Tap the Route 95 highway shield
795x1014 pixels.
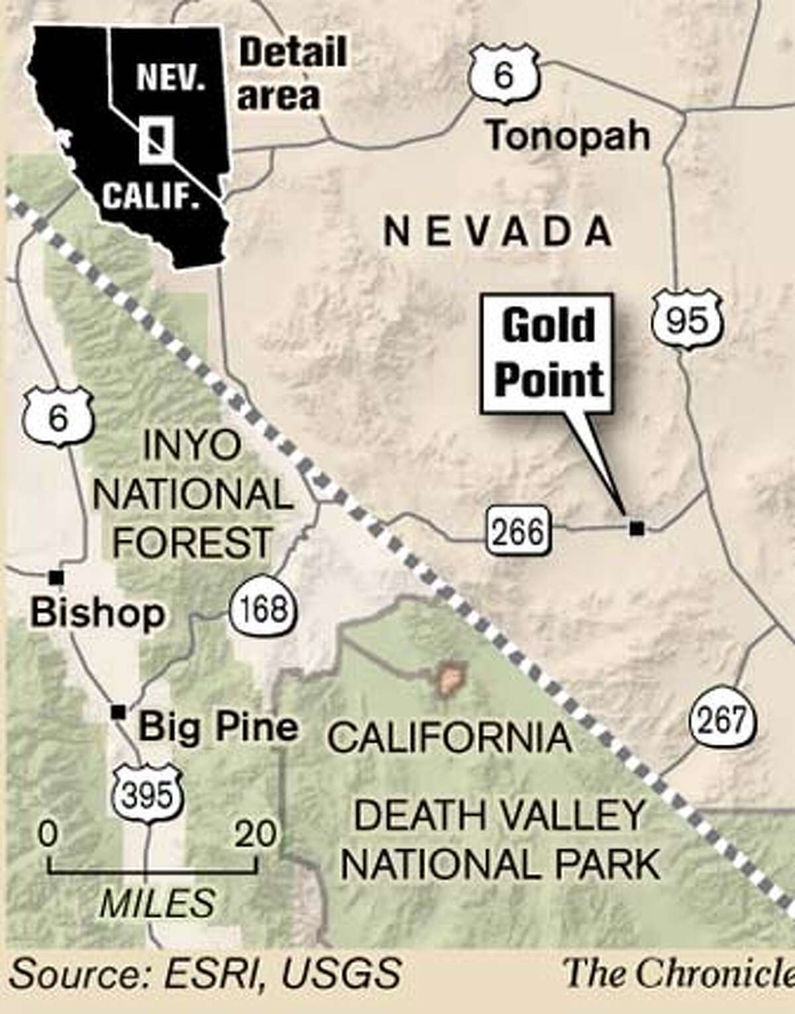[x=686, y=321]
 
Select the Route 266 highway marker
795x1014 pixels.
[x=518, y=531]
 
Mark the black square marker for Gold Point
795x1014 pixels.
[x=637, y=528]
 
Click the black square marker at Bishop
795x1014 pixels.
[x=56, y=577]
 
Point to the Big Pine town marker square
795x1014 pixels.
[x=119, y=711]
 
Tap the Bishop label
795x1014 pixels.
[x=97, y=613]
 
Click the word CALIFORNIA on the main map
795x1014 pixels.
[x=450, y=738]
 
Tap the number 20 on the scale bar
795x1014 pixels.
[x=256, y=834]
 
